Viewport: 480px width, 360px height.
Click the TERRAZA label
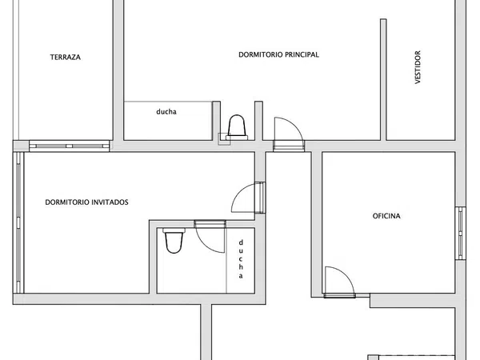tap(66, 58)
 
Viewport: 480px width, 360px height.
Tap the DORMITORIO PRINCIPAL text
tap(278, 54)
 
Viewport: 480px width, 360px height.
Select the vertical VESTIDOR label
tap(418, 67)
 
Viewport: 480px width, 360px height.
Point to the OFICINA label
tap(386, 216)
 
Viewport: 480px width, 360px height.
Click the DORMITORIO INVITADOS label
tap(86, 202)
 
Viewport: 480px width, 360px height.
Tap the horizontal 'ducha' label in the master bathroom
tap(166, 111)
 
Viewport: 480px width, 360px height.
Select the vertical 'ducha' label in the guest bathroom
tap(241, 259)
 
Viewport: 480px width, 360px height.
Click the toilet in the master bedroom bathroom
tap(237, 127)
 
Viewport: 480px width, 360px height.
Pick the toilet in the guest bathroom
tap(174, 240)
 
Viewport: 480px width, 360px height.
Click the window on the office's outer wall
tap(460, 234)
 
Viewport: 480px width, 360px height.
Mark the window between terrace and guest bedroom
tap(69, 146)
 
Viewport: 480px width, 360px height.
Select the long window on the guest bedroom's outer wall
tap(18, 222)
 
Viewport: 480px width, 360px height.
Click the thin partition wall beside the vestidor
tap(383, 79)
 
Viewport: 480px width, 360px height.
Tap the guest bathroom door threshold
tap(210, 224)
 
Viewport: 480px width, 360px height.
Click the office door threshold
tap(339, 295)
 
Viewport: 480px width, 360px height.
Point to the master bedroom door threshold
tap(289, 146)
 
